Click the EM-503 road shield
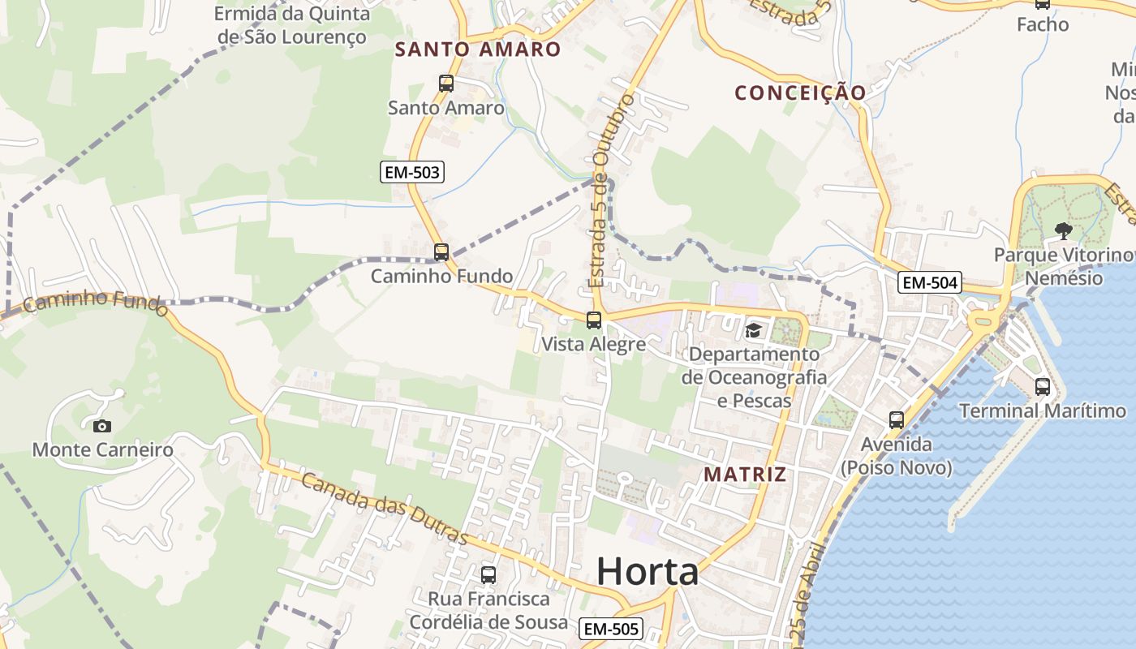coord(412,171)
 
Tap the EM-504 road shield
coord(930,282)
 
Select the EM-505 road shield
coord(612,628)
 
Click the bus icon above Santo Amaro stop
coord(445,83)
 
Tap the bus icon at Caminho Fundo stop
coord(441,251)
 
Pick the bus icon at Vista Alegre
coord(594,320)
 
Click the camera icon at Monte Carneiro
coord(102,425)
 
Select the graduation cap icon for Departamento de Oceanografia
coord(754,330)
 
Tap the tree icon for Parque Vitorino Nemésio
coord(1063,231)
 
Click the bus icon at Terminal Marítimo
coord(1043,387)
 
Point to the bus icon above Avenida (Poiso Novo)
coord(897,419)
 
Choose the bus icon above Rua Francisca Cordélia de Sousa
coord(488,574)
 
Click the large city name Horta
coord(648,572)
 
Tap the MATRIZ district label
coord(745,474)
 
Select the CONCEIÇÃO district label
coord(800,92)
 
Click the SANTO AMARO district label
coord(478,49)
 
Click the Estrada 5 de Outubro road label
coord(612,191)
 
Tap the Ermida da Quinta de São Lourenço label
coord(292,25)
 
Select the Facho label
coord(1043,24)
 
